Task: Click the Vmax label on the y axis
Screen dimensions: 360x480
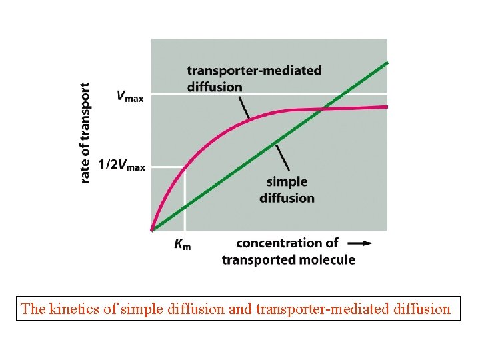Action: (x=129, y=96)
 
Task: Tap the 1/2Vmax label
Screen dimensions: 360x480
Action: (x=121, y=165)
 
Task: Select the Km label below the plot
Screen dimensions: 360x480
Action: (x=182, y=245)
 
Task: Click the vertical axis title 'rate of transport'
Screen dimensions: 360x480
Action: (x=85, y=133)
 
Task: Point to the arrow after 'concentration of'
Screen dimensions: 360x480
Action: (x=360, y=243)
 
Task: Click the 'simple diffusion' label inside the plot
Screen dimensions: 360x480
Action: (x=287, y=189)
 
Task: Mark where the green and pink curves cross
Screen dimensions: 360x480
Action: (x=323, y=108)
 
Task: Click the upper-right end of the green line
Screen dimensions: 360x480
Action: (x=387, y=63)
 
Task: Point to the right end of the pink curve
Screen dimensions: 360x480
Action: (x=386, y=107)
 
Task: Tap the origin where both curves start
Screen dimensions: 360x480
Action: (x=153, y=230)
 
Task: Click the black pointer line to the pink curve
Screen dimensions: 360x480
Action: (x=243, y=107)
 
